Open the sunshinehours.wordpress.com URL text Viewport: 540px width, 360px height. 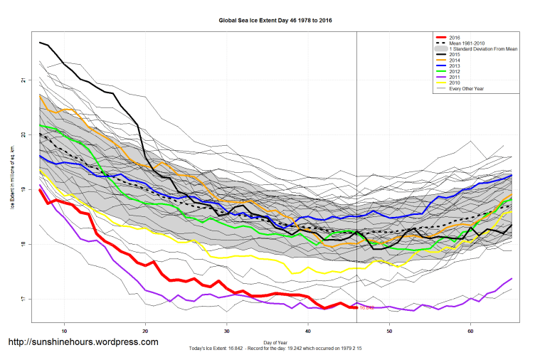click(83, 342)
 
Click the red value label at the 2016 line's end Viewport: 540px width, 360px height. click(366, 308)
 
